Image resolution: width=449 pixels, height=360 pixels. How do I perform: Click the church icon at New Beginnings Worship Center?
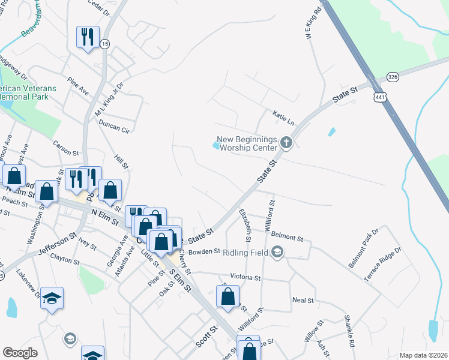click(286, 143)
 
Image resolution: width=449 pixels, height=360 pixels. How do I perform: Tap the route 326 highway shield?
click(393, 77)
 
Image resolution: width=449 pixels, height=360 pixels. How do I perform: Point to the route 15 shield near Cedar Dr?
click(106, 44)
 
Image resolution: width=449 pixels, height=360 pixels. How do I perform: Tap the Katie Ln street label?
click(283, 116)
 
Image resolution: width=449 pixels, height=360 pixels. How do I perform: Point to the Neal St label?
click(303, 299)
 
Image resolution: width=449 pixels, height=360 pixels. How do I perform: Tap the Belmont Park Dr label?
click(364, 247)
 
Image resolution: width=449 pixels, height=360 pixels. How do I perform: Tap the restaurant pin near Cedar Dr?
click(88, 37)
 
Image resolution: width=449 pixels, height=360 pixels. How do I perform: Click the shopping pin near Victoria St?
click(228, 296)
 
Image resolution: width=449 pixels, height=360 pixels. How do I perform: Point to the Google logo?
click(20, 353)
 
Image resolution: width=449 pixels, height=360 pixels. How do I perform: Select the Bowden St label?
click(205, 253)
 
